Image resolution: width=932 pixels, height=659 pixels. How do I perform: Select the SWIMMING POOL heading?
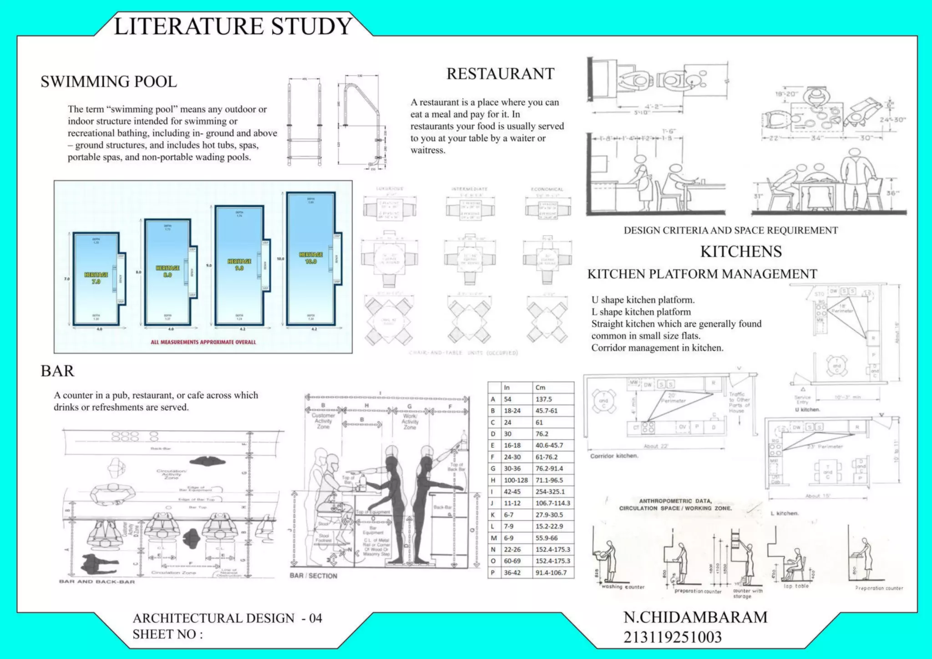[x=109, y=82]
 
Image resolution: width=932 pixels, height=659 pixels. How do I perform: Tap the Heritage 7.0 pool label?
[x=96, y=278]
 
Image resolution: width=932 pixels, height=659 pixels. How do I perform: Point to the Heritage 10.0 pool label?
[x=311, y=258]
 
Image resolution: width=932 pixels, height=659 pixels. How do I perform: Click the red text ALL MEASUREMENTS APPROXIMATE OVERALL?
[x=203, y=342]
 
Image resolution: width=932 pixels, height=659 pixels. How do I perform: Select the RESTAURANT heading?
[x=500, y=74]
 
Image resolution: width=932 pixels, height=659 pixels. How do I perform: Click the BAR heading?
[x=57, y=371]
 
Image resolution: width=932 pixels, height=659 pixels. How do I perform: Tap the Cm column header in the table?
[x=540, y=388]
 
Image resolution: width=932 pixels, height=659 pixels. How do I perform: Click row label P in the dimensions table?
[x=493, y=573]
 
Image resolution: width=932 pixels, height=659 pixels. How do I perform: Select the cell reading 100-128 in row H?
[x=516, y=480]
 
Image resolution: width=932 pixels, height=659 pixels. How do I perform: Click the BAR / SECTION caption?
[x=314, y=576]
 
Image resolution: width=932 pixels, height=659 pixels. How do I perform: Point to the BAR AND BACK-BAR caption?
[x=97, y=582]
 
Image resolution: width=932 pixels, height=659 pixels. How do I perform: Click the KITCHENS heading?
[x=741, y=251]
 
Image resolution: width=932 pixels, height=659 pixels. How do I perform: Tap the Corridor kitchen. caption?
[x=614, y=456]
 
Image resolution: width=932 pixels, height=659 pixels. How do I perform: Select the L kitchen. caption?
[x=785, y=513]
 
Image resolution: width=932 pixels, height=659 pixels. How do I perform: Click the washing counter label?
[x=623, y=587]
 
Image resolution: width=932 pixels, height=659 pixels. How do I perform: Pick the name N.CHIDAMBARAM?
[x=695, y=617]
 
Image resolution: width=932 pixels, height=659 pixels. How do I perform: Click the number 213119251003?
[x=673, y=637]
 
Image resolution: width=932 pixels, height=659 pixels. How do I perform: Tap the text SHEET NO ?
[x=167, y=634]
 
